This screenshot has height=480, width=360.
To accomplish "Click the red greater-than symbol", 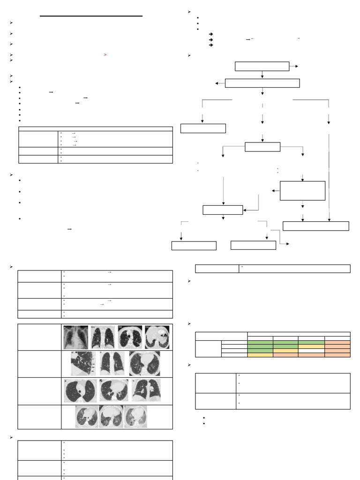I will (x=105, y=55).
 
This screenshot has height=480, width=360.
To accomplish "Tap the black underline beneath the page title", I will (x=91, y=16).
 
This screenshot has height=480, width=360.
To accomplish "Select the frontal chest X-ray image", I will (x=75, y=337).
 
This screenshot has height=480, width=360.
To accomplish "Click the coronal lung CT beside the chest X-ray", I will (x=103, y=337).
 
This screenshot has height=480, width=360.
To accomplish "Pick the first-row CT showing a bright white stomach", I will (x=157, y=337).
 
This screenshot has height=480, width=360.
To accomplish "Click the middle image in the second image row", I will (x=112, y=363).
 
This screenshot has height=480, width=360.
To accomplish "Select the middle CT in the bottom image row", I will (x=111, y=417).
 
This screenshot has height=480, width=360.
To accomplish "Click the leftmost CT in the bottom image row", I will (x=87, y=417).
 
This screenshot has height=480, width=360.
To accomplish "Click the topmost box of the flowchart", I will (x=262, y=66).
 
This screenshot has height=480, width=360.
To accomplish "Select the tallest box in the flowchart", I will (x=302, y=190).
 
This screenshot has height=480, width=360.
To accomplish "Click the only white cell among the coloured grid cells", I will (x=311, y=350).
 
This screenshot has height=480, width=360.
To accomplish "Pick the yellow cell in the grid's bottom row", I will (x=260, y=355).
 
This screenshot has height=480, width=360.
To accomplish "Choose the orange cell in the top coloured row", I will (x=337, y=342).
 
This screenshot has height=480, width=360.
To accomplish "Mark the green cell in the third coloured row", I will (x=260, y=350).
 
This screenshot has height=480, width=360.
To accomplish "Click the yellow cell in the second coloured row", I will (x=311, y=346).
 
